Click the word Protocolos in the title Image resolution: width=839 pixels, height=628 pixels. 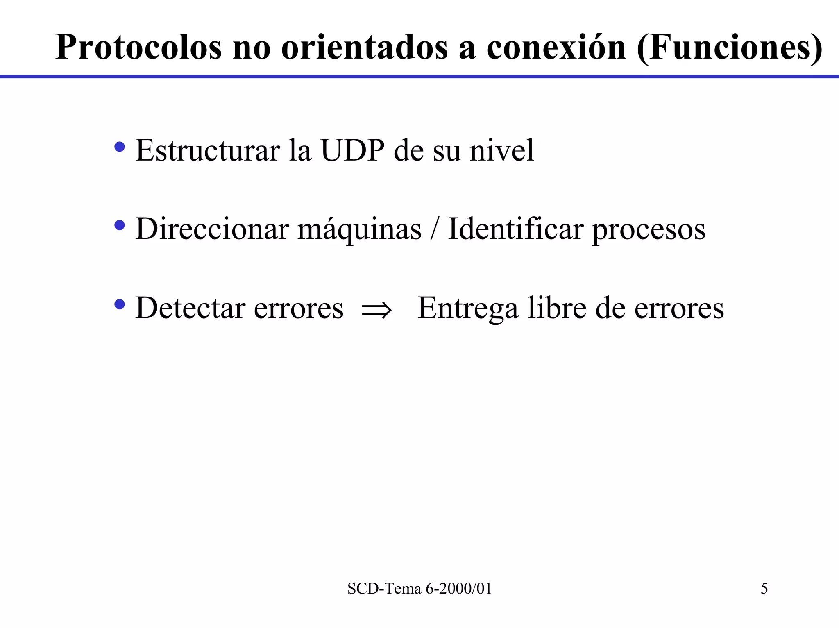(x=138, y=48)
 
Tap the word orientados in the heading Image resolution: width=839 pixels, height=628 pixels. (x=364, y=48)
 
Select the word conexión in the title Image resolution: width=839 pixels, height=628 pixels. (x=556, y=48)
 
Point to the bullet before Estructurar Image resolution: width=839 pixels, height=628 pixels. (x=120, y=147)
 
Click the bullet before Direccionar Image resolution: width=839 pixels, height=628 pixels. (x=120, y=225)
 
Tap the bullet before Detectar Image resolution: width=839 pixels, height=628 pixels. (x=120, y=304)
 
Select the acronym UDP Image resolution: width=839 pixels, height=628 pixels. (x=352, y=150)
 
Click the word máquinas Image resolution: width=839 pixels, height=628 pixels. (x=359, y=229)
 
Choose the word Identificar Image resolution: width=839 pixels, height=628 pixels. (x=515, y=229)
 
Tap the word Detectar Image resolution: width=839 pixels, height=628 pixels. (x=190, y=308)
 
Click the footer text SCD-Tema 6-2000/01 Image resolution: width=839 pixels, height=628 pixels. (x=419, y=589)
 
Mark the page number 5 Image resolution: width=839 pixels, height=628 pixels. (x=764, y=589)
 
